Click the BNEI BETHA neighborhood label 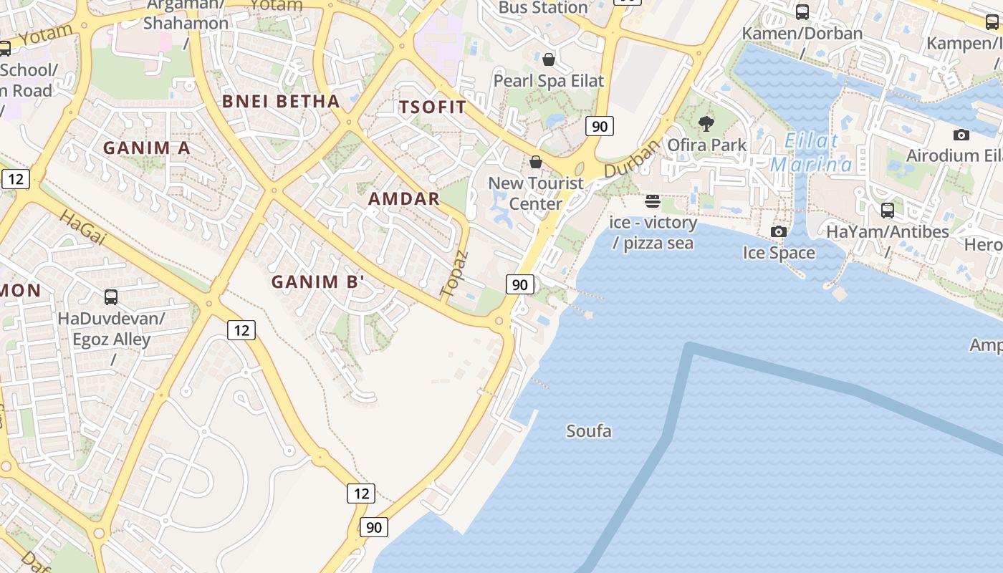pyautogui.click(x=281, y=101)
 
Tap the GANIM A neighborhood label pyautogui.click(x=147, y=148)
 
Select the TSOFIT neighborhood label pyautogui.click(x=433, y=107)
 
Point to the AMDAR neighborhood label pyautogui.click(x=404, y=199)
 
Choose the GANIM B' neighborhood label pyautogui.click(x=318, y=282)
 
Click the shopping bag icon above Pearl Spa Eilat pyautogui.click(x=549, y=59)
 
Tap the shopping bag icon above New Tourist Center pyautogui.click(x=536, y=162)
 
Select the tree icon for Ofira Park pyautogui.click(x=706, y=124)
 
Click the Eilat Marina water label pyautogui.click(x=811, y=153)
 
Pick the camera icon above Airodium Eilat pyautogui.click(x=961, y=135)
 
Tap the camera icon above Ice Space pyautogui.click(x=779, y=231)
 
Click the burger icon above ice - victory pyautogui.click(x=652, y=201)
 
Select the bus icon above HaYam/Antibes pyautogui.click(x=888, y=211)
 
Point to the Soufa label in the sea pyautogui.click(x=589, y=431)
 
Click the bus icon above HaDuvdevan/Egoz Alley pyautogui.click(x=111, y=297)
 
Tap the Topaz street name pyautogui.click(x=454, y=274)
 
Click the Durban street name pyautogui.click(x=630, y=159)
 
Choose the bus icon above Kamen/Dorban pyautogui.click(x=802, y=12)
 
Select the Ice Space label pyautogui.click(x=779, y=253)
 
